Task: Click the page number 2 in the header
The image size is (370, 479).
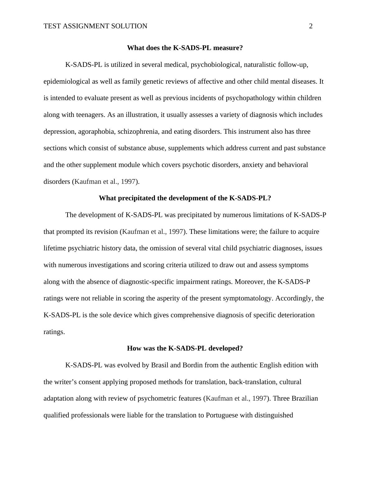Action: tap(311, 26)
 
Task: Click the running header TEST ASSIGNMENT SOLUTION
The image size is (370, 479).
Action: tap(95, 26)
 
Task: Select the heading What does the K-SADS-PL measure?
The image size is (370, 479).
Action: tap(185, 48)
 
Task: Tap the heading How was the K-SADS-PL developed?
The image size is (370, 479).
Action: tap(185, 348)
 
